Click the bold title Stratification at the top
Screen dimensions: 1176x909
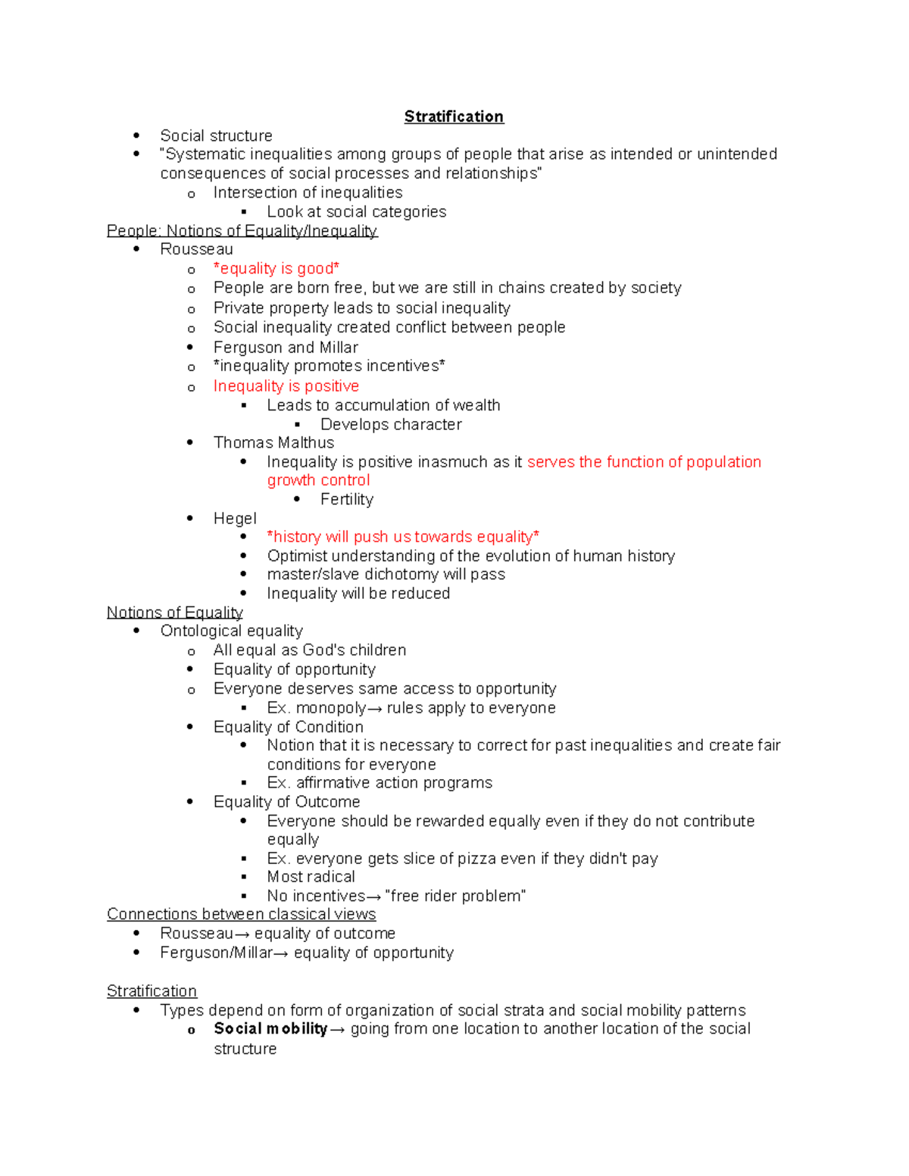click(454, 117)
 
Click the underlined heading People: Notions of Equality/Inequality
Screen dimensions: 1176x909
click(242, 231)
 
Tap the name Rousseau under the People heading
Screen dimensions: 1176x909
click(196, 249)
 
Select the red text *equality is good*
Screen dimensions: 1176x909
click(276, 269)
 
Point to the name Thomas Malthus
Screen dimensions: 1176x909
click(273, 442)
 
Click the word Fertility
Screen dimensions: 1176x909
click(346, 499)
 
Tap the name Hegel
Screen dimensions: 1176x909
click(235, 519)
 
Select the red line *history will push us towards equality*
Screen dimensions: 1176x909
click(402, 537)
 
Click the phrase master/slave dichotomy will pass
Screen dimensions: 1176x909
click(386, 574)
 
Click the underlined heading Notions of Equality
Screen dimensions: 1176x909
click(174, 613)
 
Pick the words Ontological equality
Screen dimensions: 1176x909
click(231, 631)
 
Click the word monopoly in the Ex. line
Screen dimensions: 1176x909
click(331, 708)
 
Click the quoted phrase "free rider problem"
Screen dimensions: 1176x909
click(454, 896)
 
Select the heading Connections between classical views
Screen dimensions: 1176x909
click(241, 915)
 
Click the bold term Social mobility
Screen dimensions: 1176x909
click(270, 1028)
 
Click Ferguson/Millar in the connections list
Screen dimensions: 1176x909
click(216, 953)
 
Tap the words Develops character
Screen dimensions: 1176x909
click(391, 425)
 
